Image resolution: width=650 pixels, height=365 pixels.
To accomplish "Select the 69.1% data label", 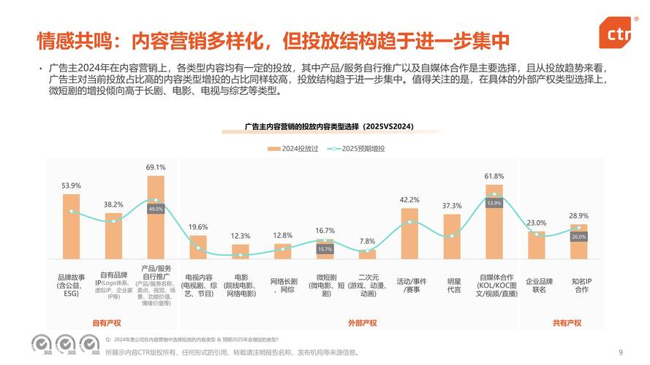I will point(156,167).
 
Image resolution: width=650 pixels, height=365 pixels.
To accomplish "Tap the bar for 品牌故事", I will point(71,226).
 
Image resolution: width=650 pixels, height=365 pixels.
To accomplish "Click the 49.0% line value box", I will point(156,209).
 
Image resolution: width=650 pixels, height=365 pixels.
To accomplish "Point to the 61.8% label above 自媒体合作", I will point(494,176).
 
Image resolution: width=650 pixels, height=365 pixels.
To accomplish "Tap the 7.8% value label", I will point(367,241).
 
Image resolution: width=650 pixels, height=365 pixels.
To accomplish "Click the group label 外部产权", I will point(362,323).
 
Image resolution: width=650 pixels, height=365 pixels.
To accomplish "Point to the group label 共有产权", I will point(567,323).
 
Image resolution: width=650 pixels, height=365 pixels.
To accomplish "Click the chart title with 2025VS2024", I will point(329,126).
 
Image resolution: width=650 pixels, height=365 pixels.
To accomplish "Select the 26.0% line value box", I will point(579,237).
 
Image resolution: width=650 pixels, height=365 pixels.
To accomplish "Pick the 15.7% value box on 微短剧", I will point(325,249).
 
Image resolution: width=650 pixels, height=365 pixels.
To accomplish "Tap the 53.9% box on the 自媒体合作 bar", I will point(494,203).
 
